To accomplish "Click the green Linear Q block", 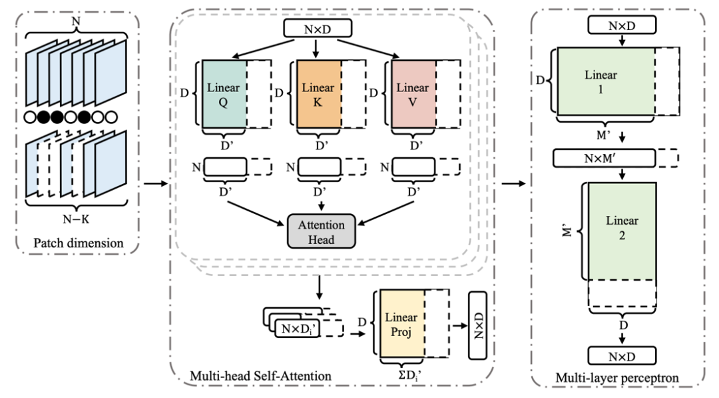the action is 224,94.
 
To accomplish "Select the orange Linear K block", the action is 319,94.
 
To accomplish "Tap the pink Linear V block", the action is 413,94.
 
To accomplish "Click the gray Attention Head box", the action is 321,231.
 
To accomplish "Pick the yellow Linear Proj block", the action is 401,323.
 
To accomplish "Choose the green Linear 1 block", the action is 606,81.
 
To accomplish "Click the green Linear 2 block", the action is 622,231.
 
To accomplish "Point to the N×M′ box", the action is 604,159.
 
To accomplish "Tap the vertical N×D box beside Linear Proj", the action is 478,325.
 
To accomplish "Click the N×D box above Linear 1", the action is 622,26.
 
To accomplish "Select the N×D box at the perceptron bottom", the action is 622,356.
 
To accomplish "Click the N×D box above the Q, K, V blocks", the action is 318,29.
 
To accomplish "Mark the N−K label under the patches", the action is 76,219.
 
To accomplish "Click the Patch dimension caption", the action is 79,243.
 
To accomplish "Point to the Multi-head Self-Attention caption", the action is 260,376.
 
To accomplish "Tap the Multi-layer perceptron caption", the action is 617,378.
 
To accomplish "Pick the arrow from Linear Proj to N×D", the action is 460,325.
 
